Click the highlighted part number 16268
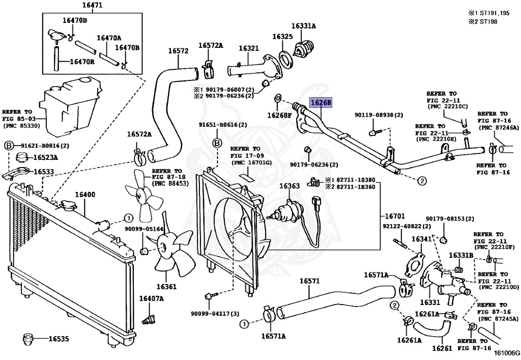(321, 102)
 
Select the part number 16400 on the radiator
(85, 195)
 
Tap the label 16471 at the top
(92, 6)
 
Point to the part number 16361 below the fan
(166, 287)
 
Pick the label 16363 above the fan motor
(289, 186)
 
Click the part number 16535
(59, 338)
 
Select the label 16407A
(152, 298)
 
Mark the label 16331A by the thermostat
(304, 25)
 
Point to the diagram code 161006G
(508, 352)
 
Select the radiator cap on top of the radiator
(67, 206)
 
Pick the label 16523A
(46, 157)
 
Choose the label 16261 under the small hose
(442, 349)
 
